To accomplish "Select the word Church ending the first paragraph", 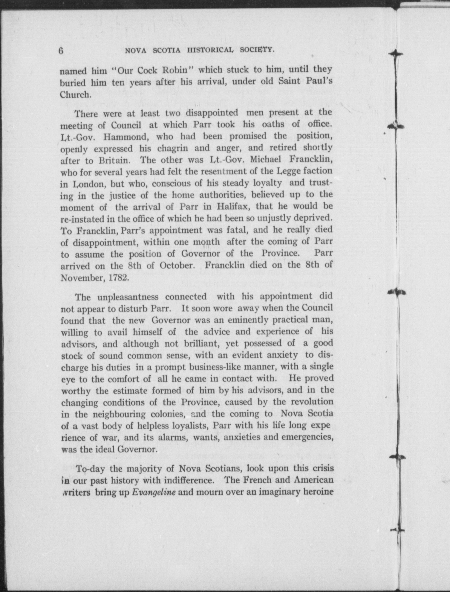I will [75, 94].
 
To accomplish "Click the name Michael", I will [266, 160].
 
